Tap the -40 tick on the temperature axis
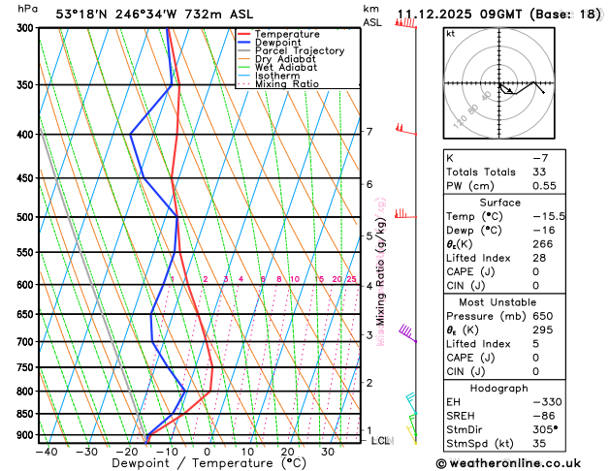[47, 452]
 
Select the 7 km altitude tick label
[369, 132]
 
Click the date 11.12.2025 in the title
[439, 13]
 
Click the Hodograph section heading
[522, 388]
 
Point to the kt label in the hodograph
[450, 34]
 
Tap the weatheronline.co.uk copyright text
[521, 462]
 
